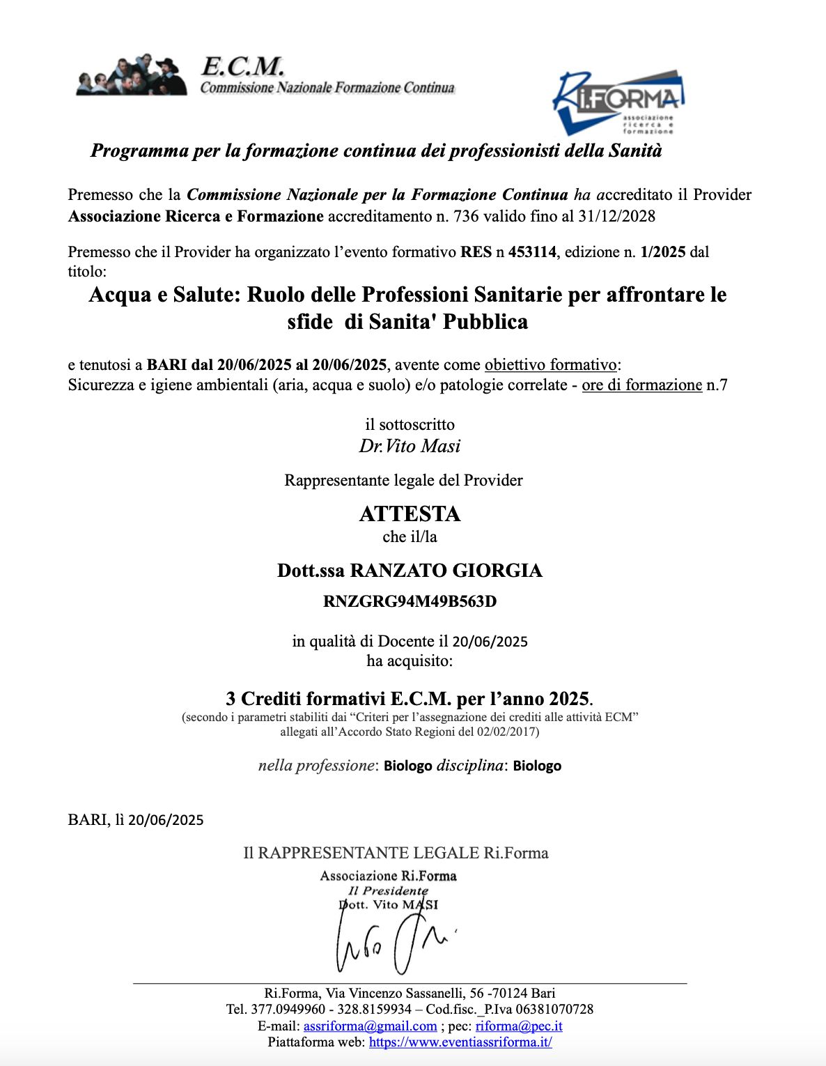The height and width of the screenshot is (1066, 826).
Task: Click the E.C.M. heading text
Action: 242,67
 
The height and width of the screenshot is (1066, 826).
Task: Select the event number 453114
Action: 532,252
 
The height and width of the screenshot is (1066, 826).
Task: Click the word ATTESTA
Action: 410,513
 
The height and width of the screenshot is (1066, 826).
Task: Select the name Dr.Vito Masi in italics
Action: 410,446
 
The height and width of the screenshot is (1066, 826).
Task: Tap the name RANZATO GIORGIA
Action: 446,571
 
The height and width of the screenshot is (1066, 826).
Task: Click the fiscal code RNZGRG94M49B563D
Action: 410,601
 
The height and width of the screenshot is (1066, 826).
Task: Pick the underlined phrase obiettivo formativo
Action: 550,364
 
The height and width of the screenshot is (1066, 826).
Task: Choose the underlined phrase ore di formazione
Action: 641,385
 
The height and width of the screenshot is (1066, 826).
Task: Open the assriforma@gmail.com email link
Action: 370,1026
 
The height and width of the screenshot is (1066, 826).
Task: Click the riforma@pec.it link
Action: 519,1026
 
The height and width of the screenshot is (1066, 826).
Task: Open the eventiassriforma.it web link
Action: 460,1042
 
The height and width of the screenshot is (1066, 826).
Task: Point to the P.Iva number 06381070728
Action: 550,1009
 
